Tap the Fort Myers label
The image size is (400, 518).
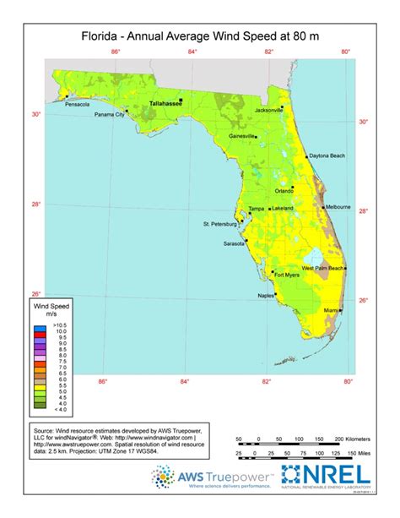click(x=288, y=274)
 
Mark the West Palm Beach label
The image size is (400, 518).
click(x=322, y=268)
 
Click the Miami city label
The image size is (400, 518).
click(x=319, y=312)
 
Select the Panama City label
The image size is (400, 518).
click(x=109, y=114)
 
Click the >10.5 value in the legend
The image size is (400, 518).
click(x=59, y=324)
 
